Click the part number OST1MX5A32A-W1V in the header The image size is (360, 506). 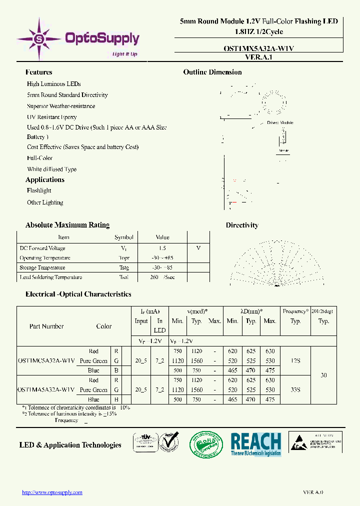pyautogui.click(x=258, y=48)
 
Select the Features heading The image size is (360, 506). pyautogui.click(x=38, y=72)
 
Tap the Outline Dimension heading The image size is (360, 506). pyautogui.click(x=212, y=72)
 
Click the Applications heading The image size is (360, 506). pyautogui.click(x=45, y=180)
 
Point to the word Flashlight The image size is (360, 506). pyautogui.click(x=39, y=190)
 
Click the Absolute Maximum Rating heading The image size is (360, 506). pyautogui.click(x=67, y=225)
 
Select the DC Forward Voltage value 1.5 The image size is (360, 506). pyautogui.click(x=162, y=248)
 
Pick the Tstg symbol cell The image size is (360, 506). pyautogui.click(x=124, y=267)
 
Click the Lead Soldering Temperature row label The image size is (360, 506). pyautogui.click(x=50, y=277)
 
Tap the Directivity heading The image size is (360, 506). pyautogui.click(x=242, y=225)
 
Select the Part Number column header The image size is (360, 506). pyautogui.click(x=46, y=326)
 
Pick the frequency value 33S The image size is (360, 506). pyautogui.click(x=295, y=389)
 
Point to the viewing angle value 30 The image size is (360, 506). pyautogui.click(x=324, y=375)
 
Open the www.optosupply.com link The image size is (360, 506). pyautogui.click(x=52, y=492)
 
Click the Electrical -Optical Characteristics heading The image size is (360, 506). pyautogui.click(x=78, y=294)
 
